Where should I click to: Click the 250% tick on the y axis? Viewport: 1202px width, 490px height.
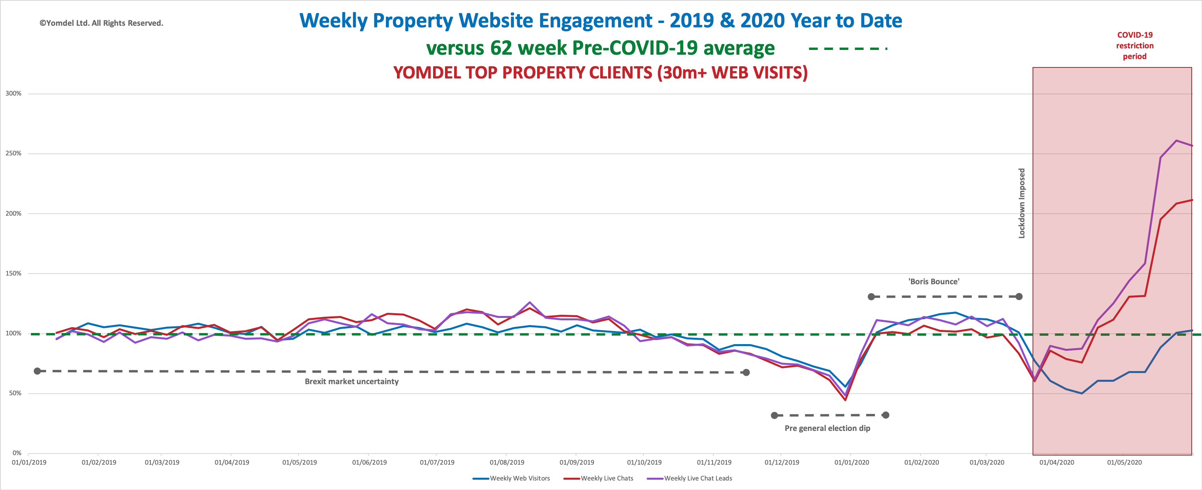tap(13, 153)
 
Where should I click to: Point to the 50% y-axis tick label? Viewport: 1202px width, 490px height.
tap(15, 393)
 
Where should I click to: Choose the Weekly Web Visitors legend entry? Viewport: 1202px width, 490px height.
tap(519, 479)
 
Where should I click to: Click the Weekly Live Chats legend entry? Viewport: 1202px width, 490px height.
tap(607, 479)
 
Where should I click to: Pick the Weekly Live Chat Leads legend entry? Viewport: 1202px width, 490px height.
tap(697, 479)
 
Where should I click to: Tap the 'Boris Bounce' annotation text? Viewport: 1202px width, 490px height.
tap(934, 281)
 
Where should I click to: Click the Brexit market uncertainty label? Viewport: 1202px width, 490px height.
tap(352, 381)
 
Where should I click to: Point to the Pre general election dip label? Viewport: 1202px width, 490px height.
tap(827, 428)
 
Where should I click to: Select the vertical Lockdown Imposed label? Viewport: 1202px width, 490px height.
tap(1022, 203)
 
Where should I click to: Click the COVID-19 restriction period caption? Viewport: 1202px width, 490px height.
tap(1135, 46)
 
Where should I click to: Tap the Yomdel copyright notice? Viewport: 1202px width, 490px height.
tap(101, 23)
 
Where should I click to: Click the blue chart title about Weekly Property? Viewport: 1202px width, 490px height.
tap(601, 21)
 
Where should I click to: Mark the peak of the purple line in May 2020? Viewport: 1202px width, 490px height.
tap(1176, 140)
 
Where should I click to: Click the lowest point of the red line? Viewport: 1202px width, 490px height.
tap(845, 400)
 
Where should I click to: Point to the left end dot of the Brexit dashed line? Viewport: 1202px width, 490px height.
tap(37, 371)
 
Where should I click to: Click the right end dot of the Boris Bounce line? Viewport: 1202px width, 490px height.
tap(1019, 297)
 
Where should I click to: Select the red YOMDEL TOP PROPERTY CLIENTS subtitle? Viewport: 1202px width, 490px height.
tap(600, 73)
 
